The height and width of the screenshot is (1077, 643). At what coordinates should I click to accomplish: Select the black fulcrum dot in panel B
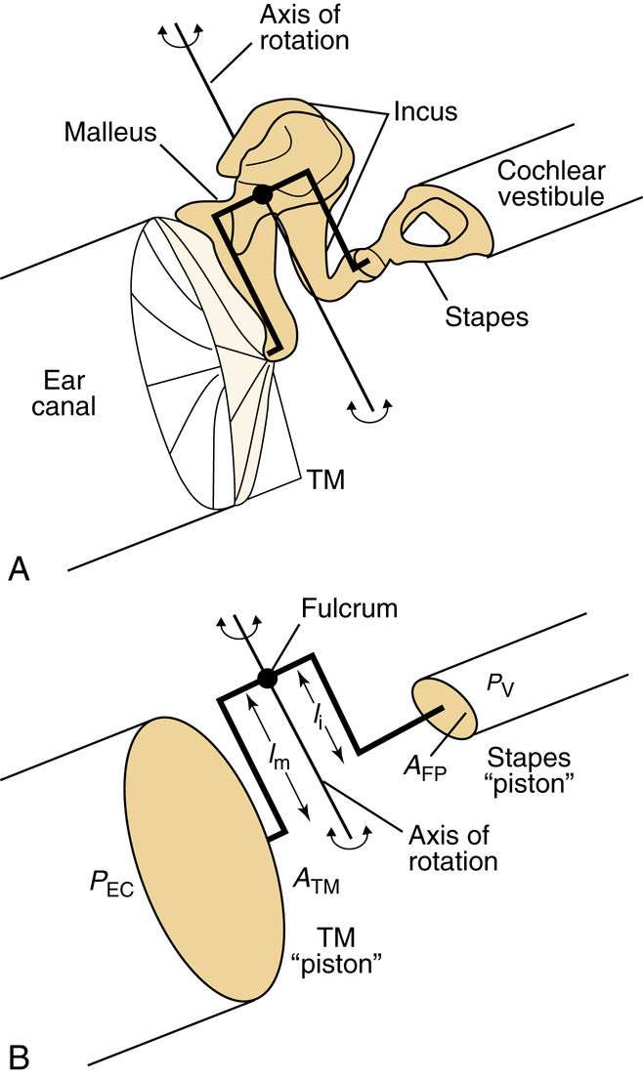(x=266, y=678)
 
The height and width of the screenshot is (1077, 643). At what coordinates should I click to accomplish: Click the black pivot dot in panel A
(x=261, y=195)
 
